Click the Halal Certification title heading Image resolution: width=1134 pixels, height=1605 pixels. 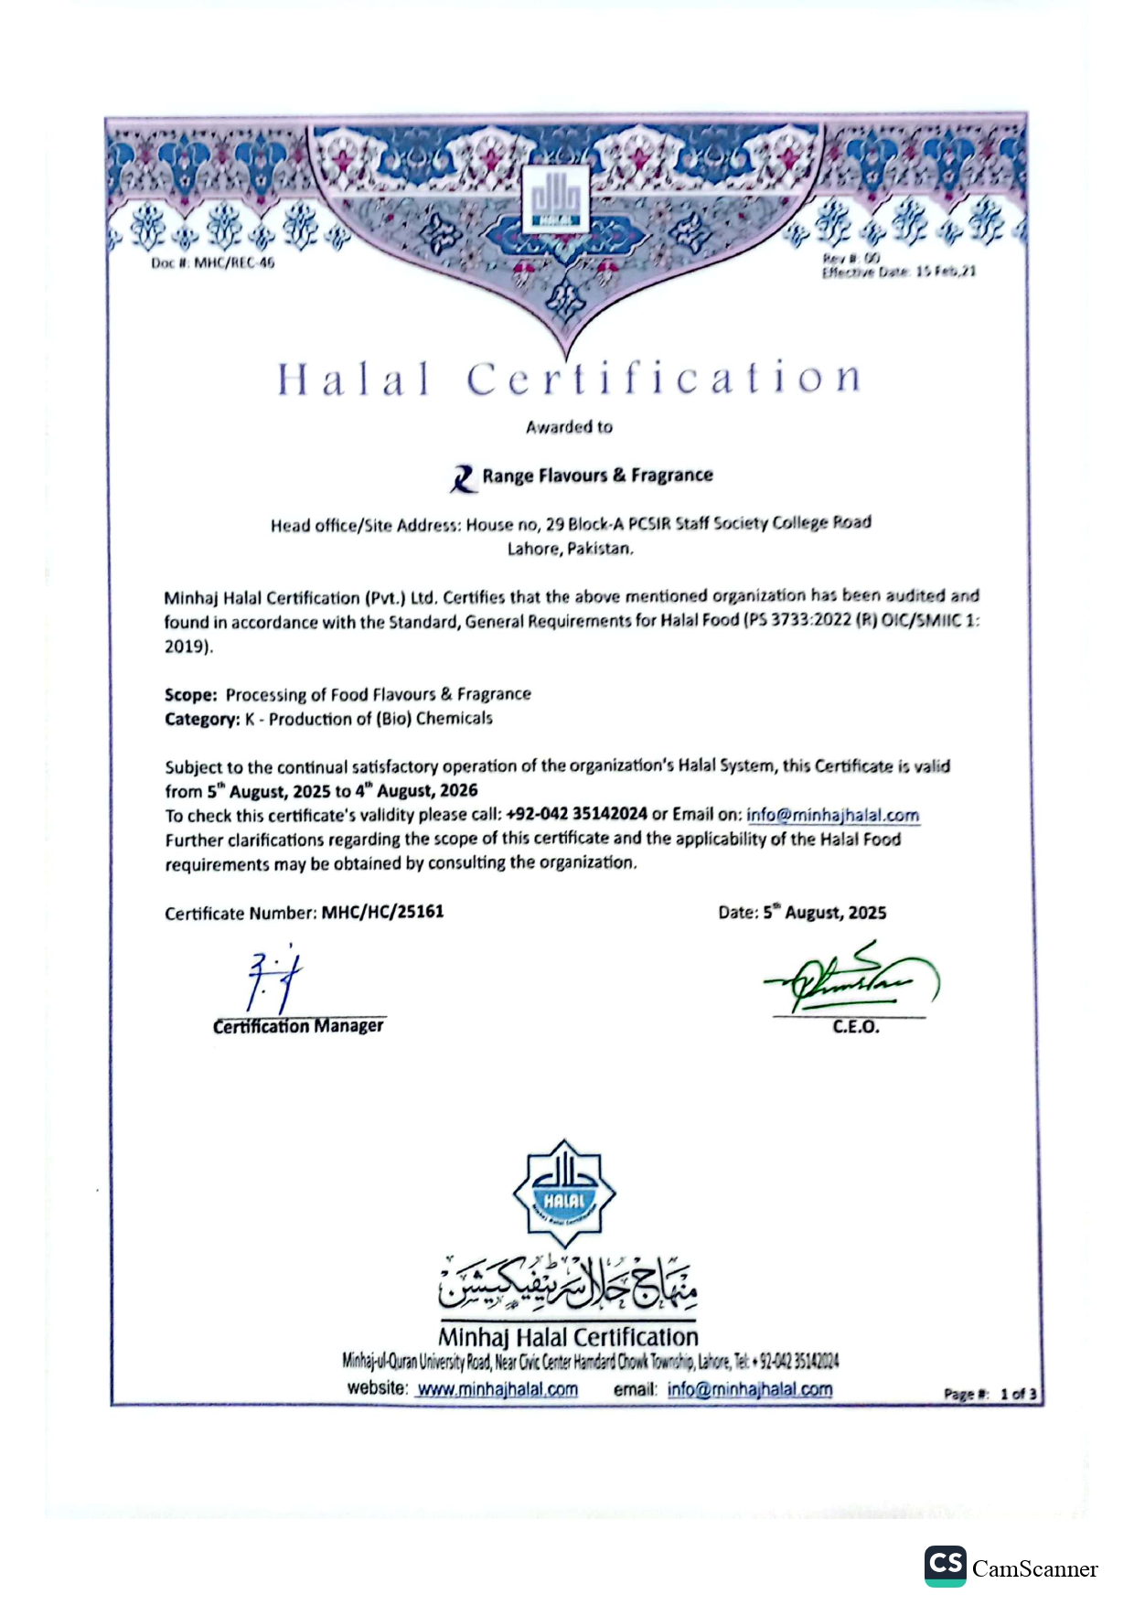(x=569, y=379)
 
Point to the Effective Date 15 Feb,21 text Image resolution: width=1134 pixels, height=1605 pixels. (x=898, y=272)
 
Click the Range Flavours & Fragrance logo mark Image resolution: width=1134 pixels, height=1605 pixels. (x=464, y=477)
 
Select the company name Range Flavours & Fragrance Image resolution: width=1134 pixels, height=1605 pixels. (x=597, y=476)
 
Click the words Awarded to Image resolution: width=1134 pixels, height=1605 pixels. (x=569, y=427)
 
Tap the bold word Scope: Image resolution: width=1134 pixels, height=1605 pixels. (x=190, y=695)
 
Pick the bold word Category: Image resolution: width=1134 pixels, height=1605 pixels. (x=201, y=720)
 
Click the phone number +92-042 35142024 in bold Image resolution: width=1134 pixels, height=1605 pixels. (x=576, y=814)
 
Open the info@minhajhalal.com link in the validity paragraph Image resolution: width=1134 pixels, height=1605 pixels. (x=832, y=815)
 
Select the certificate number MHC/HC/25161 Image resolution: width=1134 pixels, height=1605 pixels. (x=382, y=912)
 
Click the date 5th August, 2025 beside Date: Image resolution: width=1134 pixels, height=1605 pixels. (x=825, y=913)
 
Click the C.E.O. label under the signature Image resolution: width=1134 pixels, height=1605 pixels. (x=856, y=1027)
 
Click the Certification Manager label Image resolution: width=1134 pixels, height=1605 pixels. (x=298, y=1026)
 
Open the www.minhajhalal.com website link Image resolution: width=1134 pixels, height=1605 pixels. (x=497, y=1389)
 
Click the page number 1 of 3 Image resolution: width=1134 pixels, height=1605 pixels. (x=1018, y=1395)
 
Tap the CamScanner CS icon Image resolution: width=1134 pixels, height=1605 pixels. (x=945, y=1566)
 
